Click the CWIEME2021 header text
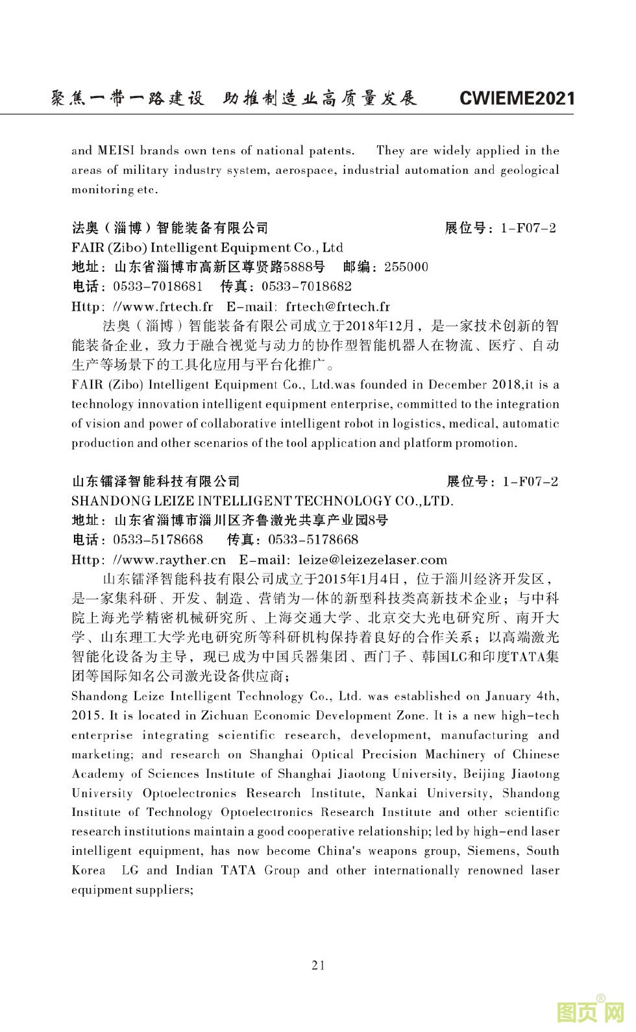pyautogui.click(x=517, y=98)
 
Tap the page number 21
pyautogui.click(x=318, y=965)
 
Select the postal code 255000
pyautogui.click(x=406, y=267)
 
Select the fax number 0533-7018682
pyautogui.click(x=306, y=287)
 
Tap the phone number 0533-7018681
pyautogui.click(x=158, y=287)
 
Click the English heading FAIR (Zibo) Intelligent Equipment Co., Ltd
pyautogui.click(x=207, y=248)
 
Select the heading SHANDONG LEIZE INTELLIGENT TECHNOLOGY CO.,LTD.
pyautogui.click(x=262, y=501)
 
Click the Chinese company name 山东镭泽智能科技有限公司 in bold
pyautogui.click(x=156, y=481)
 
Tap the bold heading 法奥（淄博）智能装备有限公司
pyautogui.click(x=169, y=228)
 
